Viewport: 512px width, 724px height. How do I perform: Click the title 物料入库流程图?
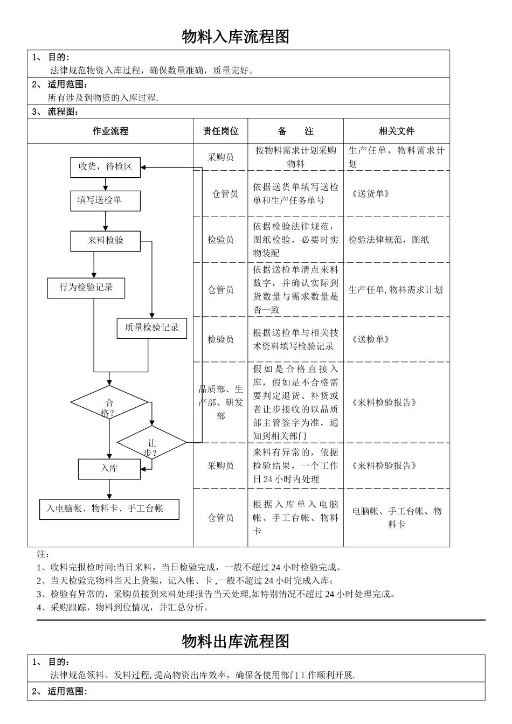(x=236, y=37)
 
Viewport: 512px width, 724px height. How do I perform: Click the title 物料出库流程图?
(x=236, y=641)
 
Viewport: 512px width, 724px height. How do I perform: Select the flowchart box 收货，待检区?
(x=105, y=167)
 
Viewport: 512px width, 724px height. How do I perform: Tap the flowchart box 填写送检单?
(x=105, y=200)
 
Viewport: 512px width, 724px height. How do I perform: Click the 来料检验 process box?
(x=105, y=241)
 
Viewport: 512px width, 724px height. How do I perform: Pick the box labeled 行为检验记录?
(x=86, y=288)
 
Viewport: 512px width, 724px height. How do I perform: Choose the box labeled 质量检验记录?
(x=152, y=328)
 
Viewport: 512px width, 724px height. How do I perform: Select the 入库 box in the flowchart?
(x=109, y=469)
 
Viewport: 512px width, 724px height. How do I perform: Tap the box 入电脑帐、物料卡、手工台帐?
(x=109, y=509)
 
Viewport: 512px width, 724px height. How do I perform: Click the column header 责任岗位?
(x=220, y=131)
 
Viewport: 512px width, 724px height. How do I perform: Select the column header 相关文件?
(x=396, y=131)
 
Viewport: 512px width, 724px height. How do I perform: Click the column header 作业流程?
(x=110, y=131)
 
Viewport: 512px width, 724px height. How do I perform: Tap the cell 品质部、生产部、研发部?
(x=220, y=402)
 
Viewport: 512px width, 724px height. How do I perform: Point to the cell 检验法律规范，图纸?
(x=389, y=240)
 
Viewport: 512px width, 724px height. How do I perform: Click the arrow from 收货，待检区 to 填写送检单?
(x=105, y=184)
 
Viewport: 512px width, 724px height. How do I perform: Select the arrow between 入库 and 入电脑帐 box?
(x=109, y=489)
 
